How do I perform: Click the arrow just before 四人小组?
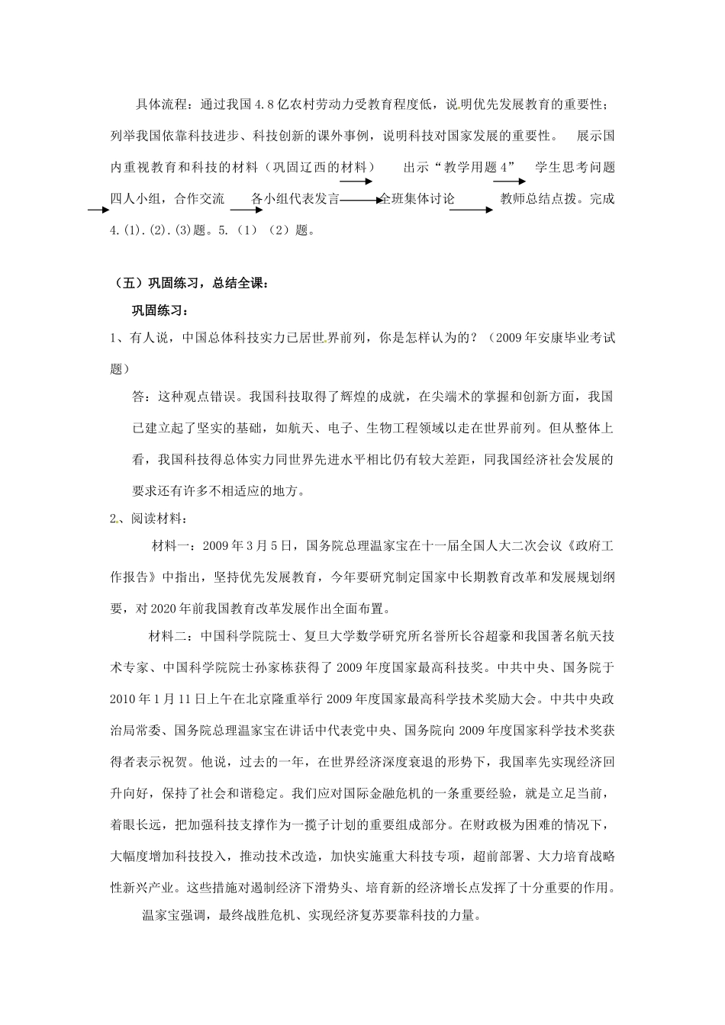[x=99, y=208]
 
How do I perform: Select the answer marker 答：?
[x=143, y=397]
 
